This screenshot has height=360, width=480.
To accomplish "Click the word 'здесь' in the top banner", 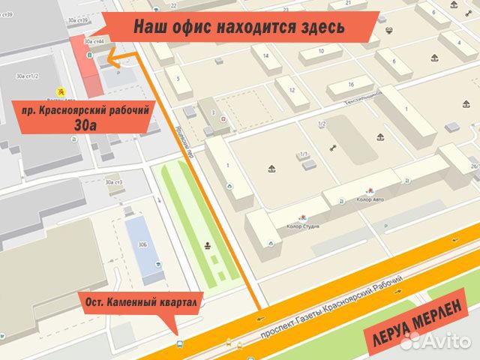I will [x=319, y=27].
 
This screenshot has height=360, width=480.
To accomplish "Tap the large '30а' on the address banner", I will [x=85, y=125].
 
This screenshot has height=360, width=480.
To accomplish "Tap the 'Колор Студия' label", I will [x=303, y=226].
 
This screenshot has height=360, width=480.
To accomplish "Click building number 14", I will [x=265, y=55].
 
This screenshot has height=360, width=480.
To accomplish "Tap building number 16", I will [x=350, y=84].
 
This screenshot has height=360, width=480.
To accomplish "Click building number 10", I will [x=320, y=51].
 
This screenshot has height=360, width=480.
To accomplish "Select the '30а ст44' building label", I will [x=94, y=40].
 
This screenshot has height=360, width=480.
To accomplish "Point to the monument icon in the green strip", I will [x=207, y=244].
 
